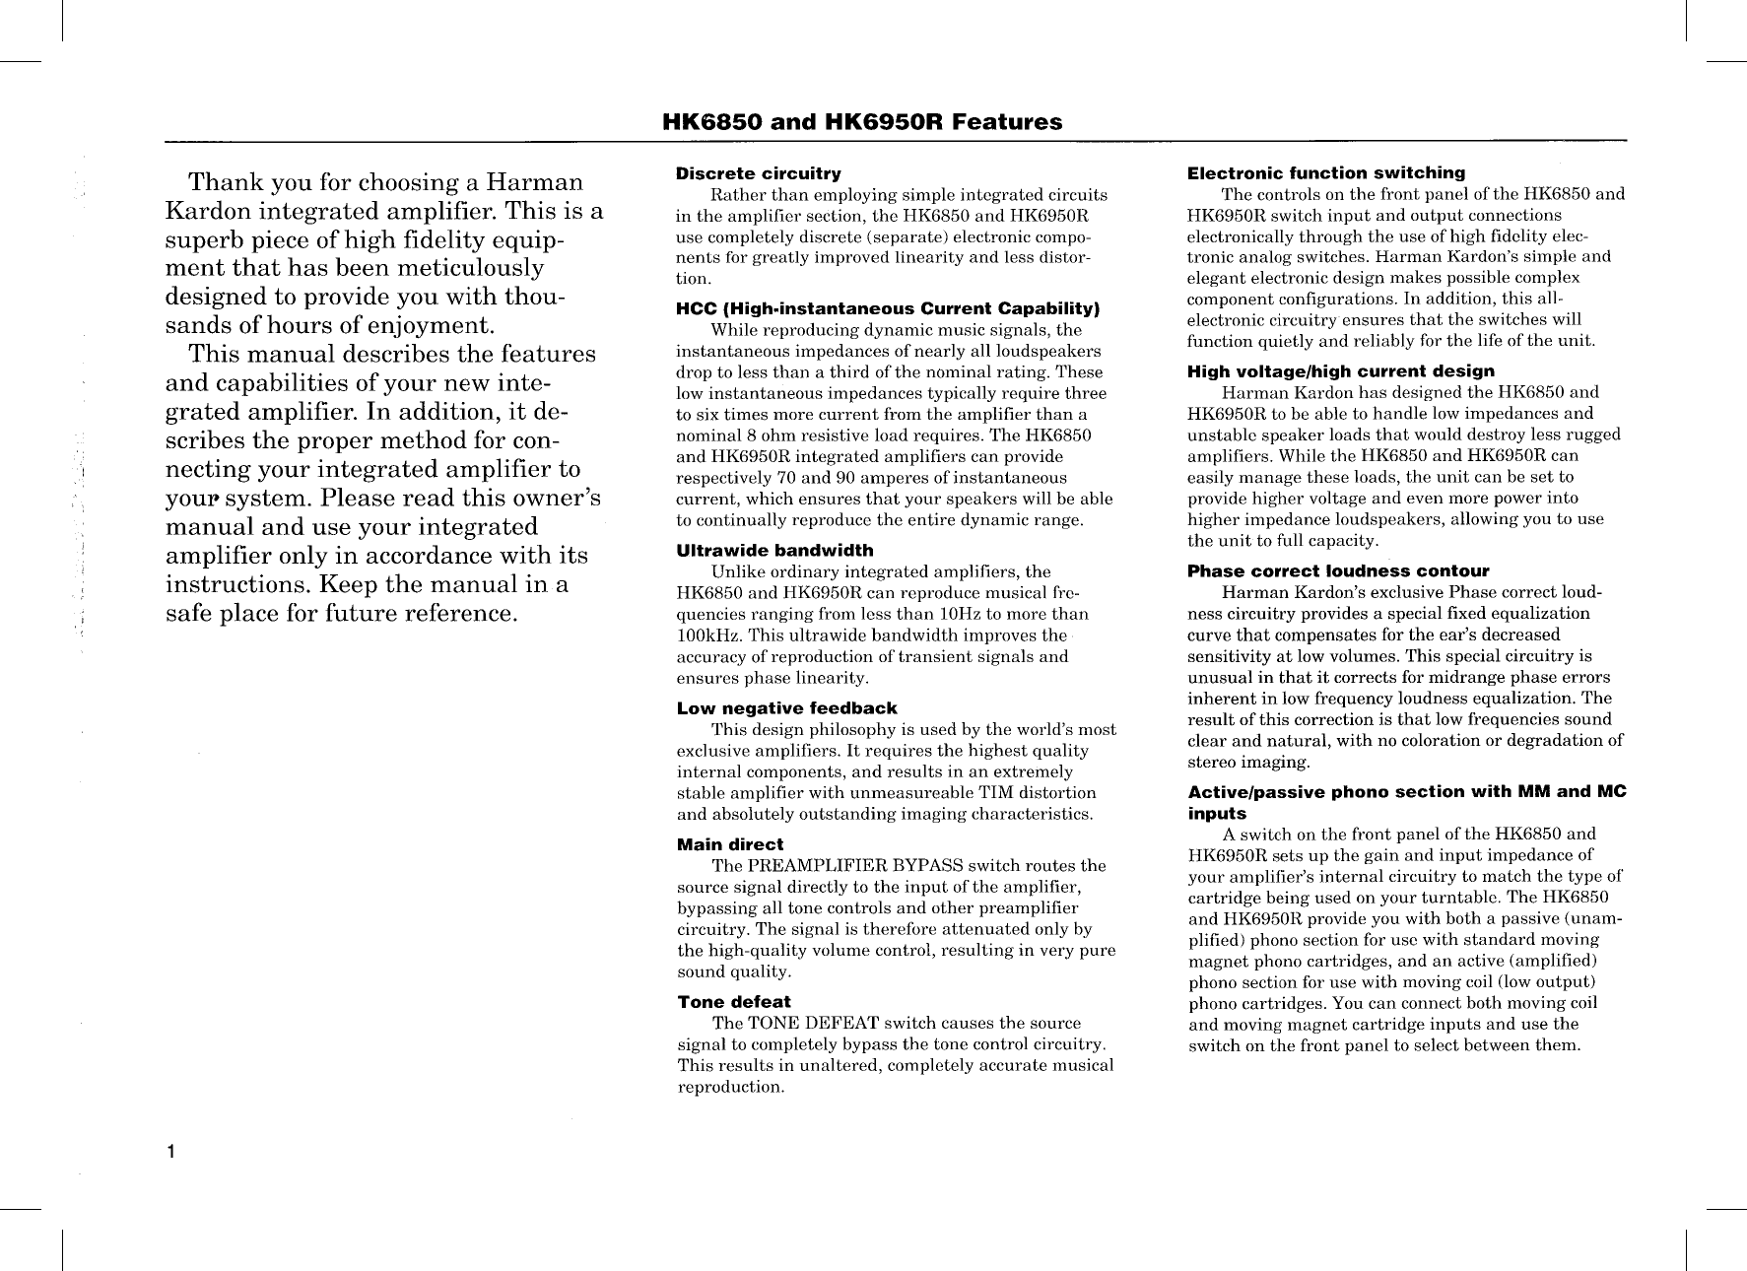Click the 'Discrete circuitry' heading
[x=758, y=173]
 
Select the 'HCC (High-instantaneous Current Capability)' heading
[x=888, y=308]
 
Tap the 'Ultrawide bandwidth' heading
[x=774, y=550]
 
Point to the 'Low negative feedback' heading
[x=786, y=708]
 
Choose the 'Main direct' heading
[x=729, y=844]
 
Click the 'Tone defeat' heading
[x=733, y=1002]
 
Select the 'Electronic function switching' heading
[x=1326, y=173]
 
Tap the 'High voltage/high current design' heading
[x=1340, y=370]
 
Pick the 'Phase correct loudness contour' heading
[x=1338, y=571]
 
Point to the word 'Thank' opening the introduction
[x=224, y=183]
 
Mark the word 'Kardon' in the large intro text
[x=208, y=212]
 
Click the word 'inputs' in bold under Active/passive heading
[x=1217, y=814]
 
